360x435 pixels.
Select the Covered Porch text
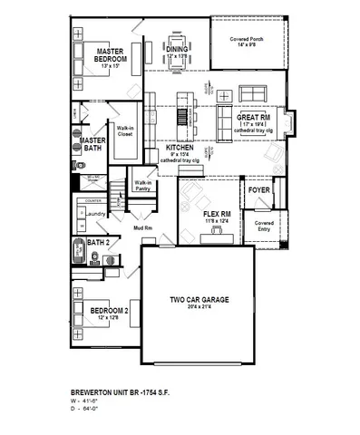click(246, 39)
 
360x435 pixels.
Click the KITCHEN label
click(180, 146)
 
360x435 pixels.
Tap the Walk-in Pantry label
click(142, 184)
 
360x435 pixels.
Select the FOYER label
click(259, 191)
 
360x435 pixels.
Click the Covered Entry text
click(263, 225)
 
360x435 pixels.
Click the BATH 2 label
click(99, 243)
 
